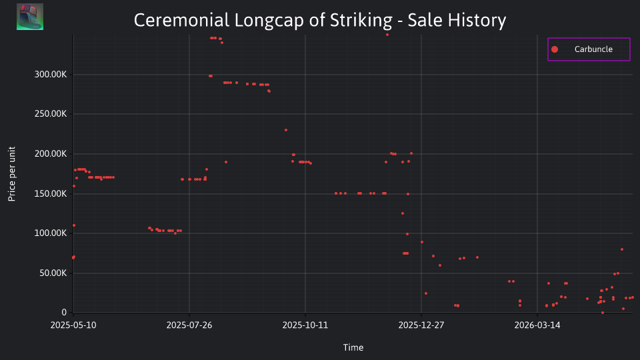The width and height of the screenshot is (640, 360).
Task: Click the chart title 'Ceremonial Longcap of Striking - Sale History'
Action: [320, 20]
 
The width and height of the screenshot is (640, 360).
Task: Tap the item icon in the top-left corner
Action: [30, 17]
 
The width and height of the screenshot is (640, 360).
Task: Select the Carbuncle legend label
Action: [593, 49]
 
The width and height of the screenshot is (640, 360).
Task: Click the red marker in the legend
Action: [554, 49]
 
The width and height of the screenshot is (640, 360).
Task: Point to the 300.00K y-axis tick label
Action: [51, 74]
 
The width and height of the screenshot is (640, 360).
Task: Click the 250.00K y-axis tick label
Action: [51, 114]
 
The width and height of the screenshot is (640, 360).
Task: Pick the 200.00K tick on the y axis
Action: [51, 154]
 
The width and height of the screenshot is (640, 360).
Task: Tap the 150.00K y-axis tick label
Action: [51, 193]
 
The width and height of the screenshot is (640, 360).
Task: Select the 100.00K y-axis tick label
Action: [51, 233]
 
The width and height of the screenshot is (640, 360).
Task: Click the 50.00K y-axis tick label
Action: [53, 273]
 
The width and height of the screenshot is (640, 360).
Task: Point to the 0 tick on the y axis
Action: [64, 313]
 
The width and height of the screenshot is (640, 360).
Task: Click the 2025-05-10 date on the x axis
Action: [73, 325]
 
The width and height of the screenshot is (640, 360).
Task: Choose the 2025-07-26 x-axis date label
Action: [189, 325]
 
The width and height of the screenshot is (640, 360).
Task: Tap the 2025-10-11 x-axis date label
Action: [305, 325]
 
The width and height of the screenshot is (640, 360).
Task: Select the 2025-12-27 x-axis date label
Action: [421, 325]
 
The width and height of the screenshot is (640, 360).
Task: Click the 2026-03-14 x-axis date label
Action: [537, 325]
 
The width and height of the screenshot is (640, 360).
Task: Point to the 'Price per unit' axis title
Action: [12, 174]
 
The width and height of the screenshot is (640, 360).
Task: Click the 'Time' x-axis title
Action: [353, 348]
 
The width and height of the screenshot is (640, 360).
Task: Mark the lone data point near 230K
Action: [286, 130]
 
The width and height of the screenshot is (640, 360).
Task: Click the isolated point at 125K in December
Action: [403, 213]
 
